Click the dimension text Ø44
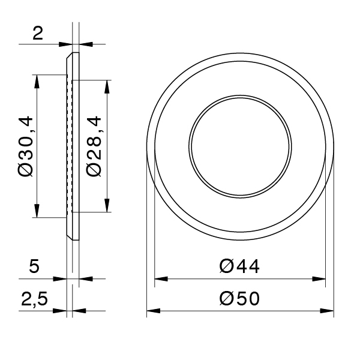click(x=239, y=266)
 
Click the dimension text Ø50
click(x=239, y=298)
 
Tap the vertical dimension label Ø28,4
click(x=95, y=146)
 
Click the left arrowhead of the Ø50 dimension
click(x=152, y=311)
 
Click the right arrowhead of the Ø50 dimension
click(x=328, y=311)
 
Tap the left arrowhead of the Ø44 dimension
click(x=160, y=279)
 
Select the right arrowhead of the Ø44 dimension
click(x=320, y=279)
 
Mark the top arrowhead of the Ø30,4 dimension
click(x=37, y=80)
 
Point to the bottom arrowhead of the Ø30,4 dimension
click(x=37, y=211)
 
